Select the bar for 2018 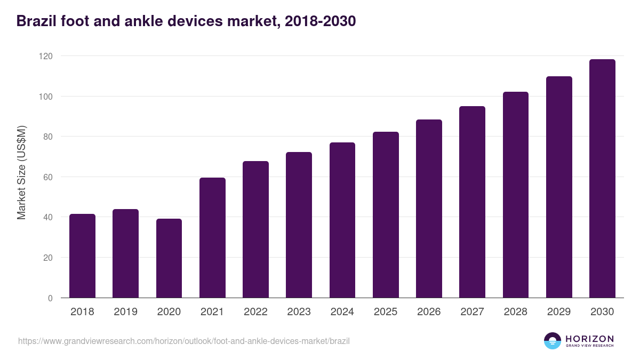pyautogui.click(x=82, y=256)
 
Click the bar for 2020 pyautogui.click(x=169, y=258)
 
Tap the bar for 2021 pyautogui.click(x=212, y=238)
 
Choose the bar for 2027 pyautogui.click(x=472, y=202)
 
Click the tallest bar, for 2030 pyautogui.click(x=602, y=179)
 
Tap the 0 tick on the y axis pyautogui.click(x=50, y=298)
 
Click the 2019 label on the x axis pyautogui.click(x=125, y=312)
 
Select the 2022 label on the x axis pyautogui.click(x=255, y=312)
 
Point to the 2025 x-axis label pyautogui.click(x=386, y=312)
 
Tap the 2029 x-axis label pyautogui.click(x=559, y=312)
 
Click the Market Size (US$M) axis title pyautogui.click(x=21, y=172)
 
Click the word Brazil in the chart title pyautogui.click(x=36, y=21)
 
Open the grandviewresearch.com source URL pyautogui.click(x=184, y=341)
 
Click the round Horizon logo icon pyautogui.click(x=553, y=341)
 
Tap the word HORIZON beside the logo pyautogui.click(x=589, y=338)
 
